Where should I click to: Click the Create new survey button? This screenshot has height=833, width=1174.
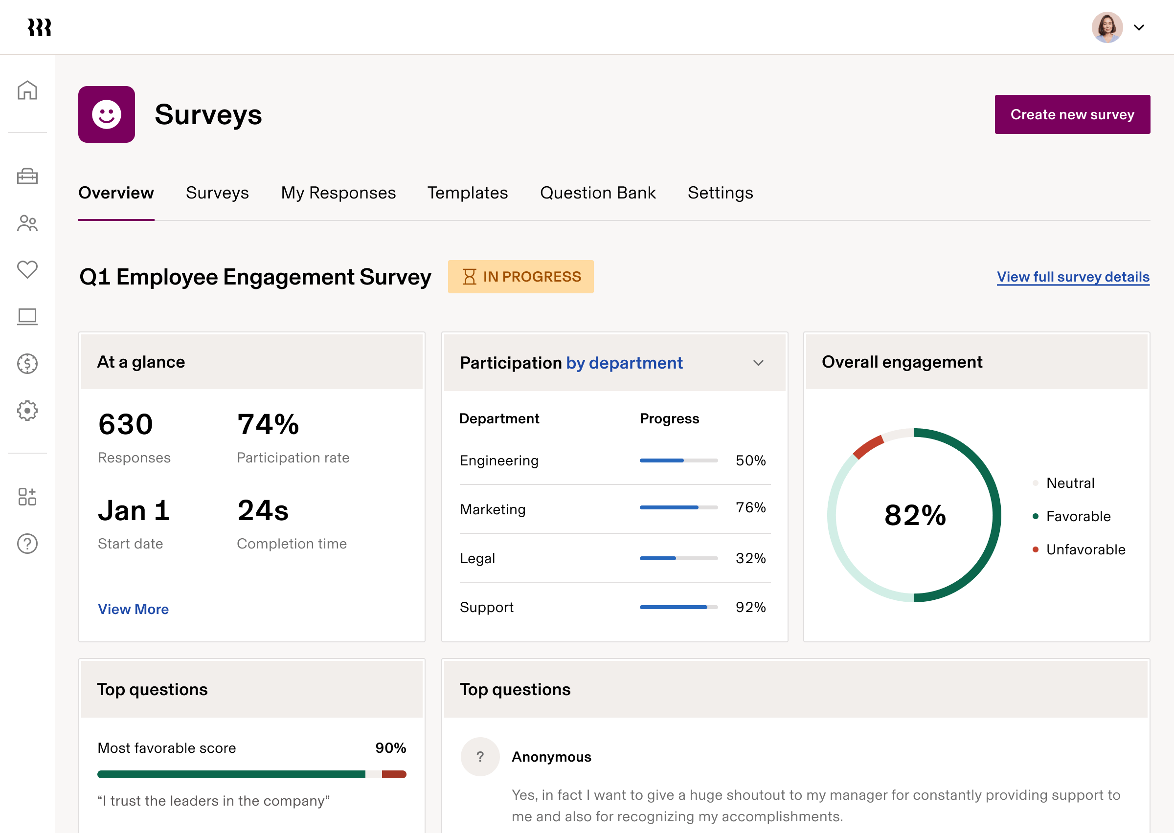(x=1072, y=114)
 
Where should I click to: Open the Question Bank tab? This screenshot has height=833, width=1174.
(x=598, y=193)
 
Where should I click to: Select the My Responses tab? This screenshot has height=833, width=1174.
(x=338, y=193)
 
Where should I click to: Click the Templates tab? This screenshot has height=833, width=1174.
(x=468, y=193)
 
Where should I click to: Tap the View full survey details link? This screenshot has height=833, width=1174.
(x=1073, y=277)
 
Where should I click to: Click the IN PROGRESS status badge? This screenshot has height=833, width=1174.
(x=520, y=277)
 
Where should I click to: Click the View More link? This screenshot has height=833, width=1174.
(x=134, y=609)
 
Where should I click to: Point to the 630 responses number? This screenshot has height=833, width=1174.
(x=126, y=425)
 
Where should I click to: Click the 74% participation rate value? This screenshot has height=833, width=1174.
(x=268, y=425)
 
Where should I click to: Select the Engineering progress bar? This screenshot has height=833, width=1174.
(x=678, y=460)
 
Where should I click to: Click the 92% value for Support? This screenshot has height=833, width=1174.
(x=750, y=607)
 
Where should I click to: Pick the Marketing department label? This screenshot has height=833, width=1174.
(x=493, y=509)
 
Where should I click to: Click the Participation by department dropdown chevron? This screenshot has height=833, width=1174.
(x=758, y=363)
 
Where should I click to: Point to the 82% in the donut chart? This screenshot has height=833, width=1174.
(x=915, y=515)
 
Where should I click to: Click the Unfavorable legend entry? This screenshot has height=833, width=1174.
(x=1085, y=549)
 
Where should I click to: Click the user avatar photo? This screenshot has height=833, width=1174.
(x=1107, y=28)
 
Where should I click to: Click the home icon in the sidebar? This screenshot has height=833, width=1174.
(x=27, y=90)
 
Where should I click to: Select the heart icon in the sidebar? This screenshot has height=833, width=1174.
(x=27, y=269)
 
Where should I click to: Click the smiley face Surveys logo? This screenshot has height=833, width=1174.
(x=107, y=114)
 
